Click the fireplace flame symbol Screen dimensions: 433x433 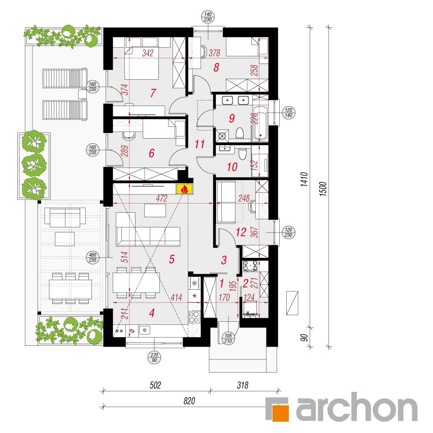[x=185, y=189]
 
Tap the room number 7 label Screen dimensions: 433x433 [x=153, y=93]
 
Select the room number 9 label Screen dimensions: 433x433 [x=231, y=118]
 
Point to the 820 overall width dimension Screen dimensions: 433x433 [x=189, y=401]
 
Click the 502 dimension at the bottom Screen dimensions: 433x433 [x=155, y=385]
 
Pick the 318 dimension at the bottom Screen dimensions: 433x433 [x=243, y=385]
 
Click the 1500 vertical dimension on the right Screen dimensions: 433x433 [x=323, y=189]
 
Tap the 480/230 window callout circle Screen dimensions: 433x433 [x=92, y=257]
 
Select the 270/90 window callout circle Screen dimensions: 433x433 [x=154, y=357]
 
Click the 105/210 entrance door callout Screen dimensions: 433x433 [x=228, y=338]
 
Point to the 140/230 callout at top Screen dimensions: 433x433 [x=208, y=17]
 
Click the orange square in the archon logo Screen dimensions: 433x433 [x=281, y=413]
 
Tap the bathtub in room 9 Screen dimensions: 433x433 [x=260, y=123]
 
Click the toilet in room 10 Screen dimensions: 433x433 [x=243, y=154]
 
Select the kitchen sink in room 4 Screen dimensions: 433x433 [x=145, y=330]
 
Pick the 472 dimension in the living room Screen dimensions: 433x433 [x=161, y=198]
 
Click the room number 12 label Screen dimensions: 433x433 [x=241, y=232]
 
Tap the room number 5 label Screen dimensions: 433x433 [x=172, y=259]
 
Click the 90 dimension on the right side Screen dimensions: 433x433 [x=304, y=338]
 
